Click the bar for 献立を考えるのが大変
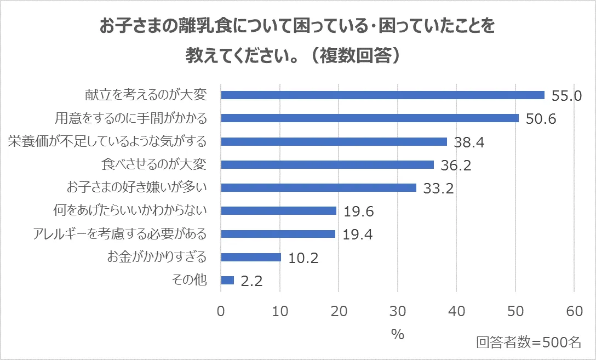pos(382,95)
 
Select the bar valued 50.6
pos(370,118)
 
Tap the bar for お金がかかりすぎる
pos(251,257)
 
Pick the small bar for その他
pos(227,281)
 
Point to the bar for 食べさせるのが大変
pos(327,164)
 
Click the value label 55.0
pos(566,96)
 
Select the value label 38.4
pos(469,142)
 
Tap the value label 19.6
pos(358,212)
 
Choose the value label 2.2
pos(252,282)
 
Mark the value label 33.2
pos(439,188)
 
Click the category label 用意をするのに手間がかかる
pos(130,118)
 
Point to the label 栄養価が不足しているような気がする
pos(107,141)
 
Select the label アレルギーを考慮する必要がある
pos(120,234)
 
